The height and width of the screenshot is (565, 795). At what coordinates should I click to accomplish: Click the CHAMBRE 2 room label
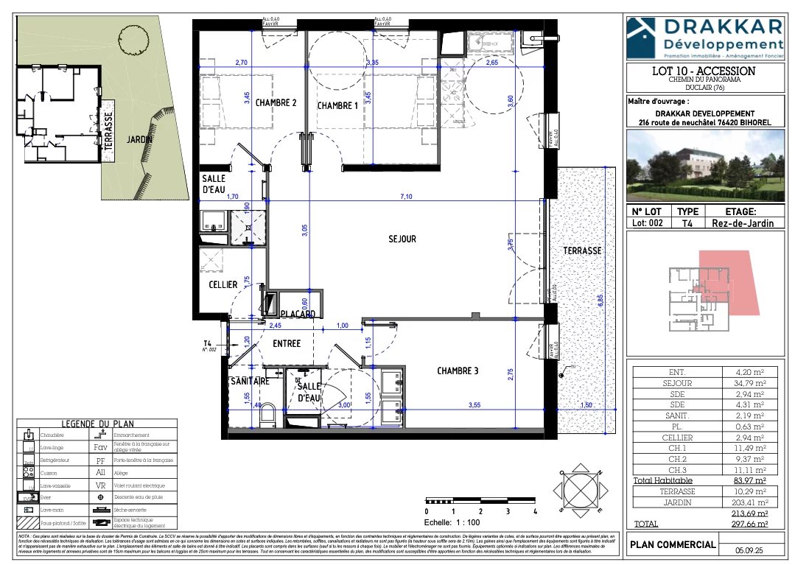276,103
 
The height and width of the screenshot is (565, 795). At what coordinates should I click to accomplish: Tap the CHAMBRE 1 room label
337,106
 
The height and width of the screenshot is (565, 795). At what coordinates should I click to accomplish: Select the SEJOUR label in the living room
402,239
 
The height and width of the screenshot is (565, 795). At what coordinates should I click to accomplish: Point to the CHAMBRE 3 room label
457,371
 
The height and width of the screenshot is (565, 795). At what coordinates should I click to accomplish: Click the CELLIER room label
223,284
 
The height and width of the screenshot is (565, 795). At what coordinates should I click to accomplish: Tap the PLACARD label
297,315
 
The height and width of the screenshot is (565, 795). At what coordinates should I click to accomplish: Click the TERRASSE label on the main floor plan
582,251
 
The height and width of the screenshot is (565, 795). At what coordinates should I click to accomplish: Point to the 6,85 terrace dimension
600,301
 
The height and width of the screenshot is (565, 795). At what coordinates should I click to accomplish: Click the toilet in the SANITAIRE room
267,413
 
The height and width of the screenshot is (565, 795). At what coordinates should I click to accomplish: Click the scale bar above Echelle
480,501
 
